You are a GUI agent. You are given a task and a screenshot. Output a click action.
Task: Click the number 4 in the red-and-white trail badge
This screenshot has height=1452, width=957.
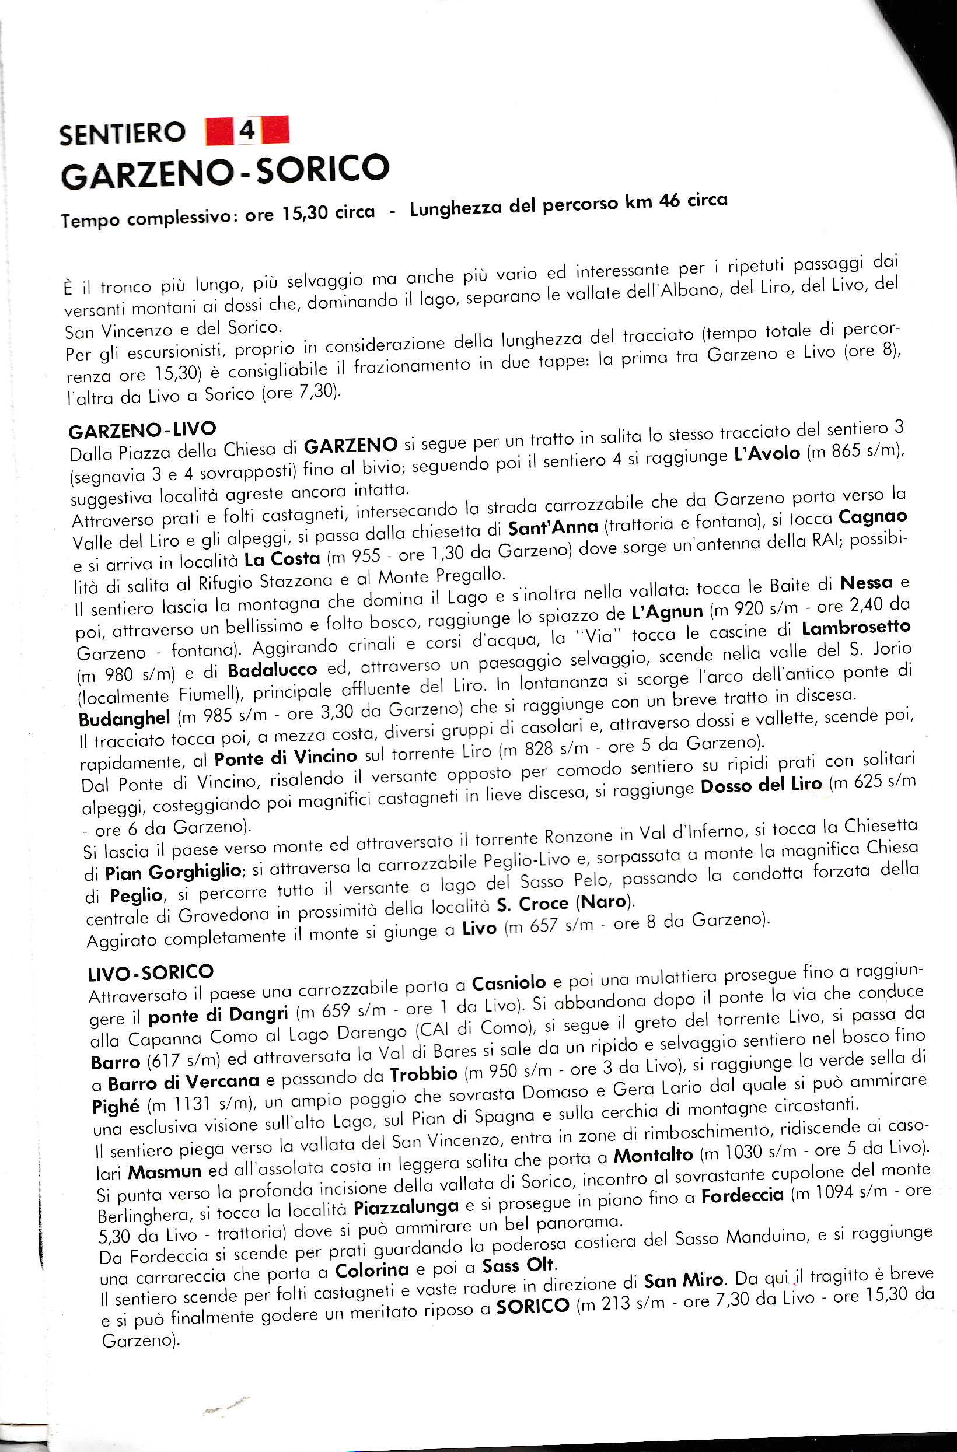coord(247,130)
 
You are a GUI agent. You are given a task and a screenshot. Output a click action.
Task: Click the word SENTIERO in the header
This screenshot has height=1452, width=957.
coord(122,133)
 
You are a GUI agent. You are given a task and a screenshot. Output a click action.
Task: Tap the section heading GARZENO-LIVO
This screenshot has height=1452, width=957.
coord(142,430)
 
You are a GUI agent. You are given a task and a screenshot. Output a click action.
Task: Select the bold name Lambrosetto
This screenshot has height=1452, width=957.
coord(855,628)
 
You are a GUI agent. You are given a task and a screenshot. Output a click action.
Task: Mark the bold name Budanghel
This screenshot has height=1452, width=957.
coord(124,719)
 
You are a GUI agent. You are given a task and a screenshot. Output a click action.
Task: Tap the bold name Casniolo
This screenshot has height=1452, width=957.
coord(509,983)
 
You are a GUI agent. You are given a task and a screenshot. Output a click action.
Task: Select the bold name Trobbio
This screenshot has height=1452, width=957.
coord(424,1074)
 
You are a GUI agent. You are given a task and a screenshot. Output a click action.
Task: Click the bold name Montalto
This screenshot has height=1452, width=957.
coord(653,1156)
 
